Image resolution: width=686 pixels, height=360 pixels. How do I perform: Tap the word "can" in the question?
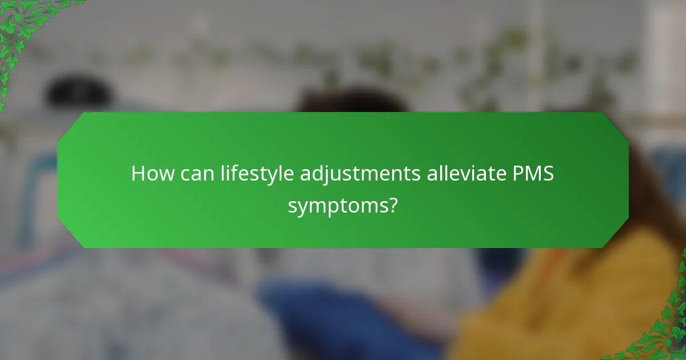(196, 173)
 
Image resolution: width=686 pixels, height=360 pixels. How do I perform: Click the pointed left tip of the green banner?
(58, 180)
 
